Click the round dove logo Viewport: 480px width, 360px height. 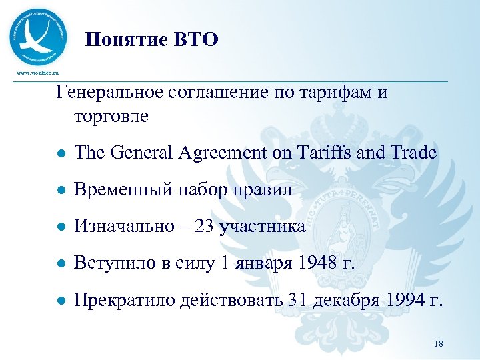pos(39,37)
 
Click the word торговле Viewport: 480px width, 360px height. pos(107,116)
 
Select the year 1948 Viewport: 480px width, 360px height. pos(313,263)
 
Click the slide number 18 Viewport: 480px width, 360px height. pos(438,343)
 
